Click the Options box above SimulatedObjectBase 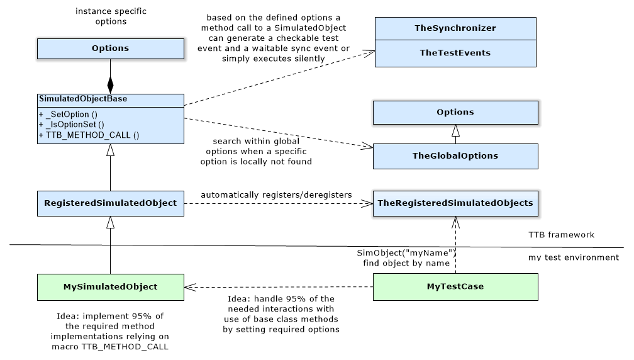coord(110,48)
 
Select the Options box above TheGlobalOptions coord(455,112)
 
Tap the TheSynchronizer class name coord(455,28)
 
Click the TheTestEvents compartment coord(455,53)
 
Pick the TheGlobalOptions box coord(455,156)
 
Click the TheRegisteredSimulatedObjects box coord(455,203)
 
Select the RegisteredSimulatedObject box coord(110,203)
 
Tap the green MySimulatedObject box coord(110,286)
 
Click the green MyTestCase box coord(455,286)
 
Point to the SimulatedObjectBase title coord(75,99)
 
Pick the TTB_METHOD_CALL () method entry coord(89,135)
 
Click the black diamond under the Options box coord(111,84)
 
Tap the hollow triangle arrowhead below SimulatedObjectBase coord(111,150)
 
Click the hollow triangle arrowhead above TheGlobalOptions coord(455,131)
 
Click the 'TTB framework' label coord(561,235)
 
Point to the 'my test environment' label coord(573,257)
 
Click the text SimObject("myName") coord(406,253)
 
